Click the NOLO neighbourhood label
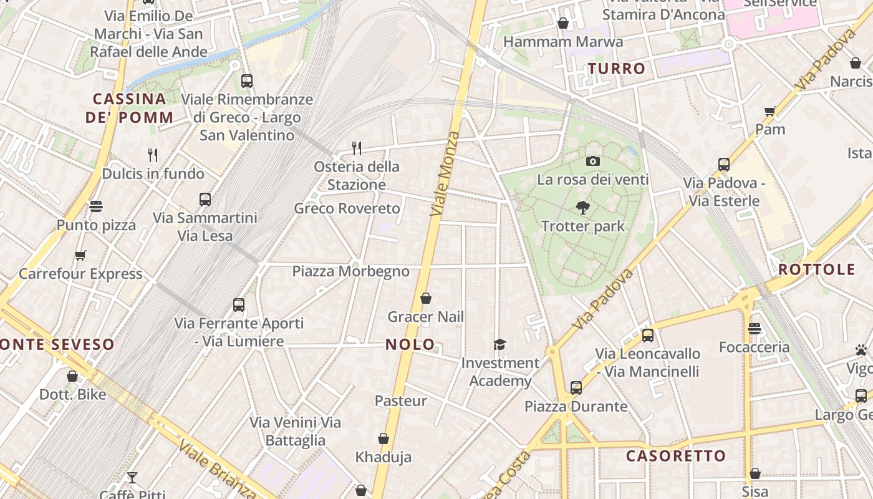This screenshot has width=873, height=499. (x=410, y=344)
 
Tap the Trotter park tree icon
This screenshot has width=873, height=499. (x=583, y=208)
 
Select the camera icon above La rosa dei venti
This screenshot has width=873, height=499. (x=593, y=162)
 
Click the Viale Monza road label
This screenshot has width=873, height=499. (x=445, y=174)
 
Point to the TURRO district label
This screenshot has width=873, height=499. (x=617, y=69)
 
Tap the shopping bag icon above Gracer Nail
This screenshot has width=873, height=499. (x=426, y=299)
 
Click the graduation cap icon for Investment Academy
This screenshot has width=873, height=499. (x=499, y=345)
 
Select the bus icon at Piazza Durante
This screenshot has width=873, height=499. (x=576, y=388)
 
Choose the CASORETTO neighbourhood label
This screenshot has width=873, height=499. (x=676, y=456)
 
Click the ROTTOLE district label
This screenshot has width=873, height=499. (x=816, y=270)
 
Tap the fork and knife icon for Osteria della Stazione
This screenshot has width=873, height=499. (x=357, y=148)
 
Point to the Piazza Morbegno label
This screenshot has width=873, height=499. (x=351, y=271)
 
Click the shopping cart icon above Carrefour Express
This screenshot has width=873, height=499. (x=80, y=255)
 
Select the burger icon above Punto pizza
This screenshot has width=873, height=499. (x=96, y=206)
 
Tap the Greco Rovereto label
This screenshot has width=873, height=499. (x=347, y=208)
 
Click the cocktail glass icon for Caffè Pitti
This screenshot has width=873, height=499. (x=132, y=478)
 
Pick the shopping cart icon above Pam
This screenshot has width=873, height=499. (x=770, y=112)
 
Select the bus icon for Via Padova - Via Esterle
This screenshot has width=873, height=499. (x=724, y=165)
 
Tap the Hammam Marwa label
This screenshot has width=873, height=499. (x=562, y=42)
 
